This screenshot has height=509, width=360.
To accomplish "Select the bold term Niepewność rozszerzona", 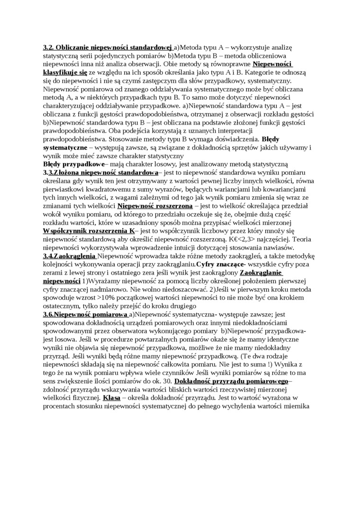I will (155, 206).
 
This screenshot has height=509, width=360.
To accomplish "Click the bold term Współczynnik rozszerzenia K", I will (89, 231).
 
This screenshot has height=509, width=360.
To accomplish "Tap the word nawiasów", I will (279, 248).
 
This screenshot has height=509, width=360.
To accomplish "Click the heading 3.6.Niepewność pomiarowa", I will (85, 314).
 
